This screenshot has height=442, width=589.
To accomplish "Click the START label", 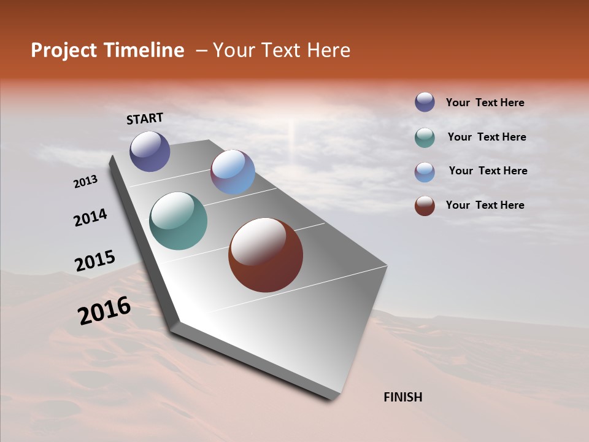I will [x=145, y=118].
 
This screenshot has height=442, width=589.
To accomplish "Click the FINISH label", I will [x=402, y=397].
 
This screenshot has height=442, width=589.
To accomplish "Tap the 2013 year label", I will [x=86, y=182].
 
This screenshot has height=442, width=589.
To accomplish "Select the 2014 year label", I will [x=90, y=217].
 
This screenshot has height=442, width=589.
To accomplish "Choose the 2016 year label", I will [x=104, y=311].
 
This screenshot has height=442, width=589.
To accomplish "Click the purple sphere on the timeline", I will [x=150, y=151].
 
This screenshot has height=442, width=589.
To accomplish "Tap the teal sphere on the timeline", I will [x=178, y=221].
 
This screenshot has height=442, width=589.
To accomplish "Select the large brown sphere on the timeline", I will [x=266, y=255].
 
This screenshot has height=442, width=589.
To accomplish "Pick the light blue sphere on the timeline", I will [x=233, y=172].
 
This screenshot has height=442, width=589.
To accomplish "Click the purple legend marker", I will [x=425, y=102].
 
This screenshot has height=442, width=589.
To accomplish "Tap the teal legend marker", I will [x=425, y=138].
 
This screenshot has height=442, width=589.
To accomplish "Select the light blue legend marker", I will [x=425, y=172].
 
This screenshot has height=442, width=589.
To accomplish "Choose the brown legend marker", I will [x=425, y=206].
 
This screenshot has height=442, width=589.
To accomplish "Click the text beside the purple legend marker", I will [x=485, y=103].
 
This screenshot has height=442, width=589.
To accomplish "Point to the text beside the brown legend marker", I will [x=485, y=205].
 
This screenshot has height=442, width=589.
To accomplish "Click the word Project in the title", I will [x=64, y=50].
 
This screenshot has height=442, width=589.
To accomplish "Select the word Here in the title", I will [x=329, y=50].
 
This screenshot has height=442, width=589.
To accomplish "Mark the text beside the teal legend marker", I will [x=487, y=137].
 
